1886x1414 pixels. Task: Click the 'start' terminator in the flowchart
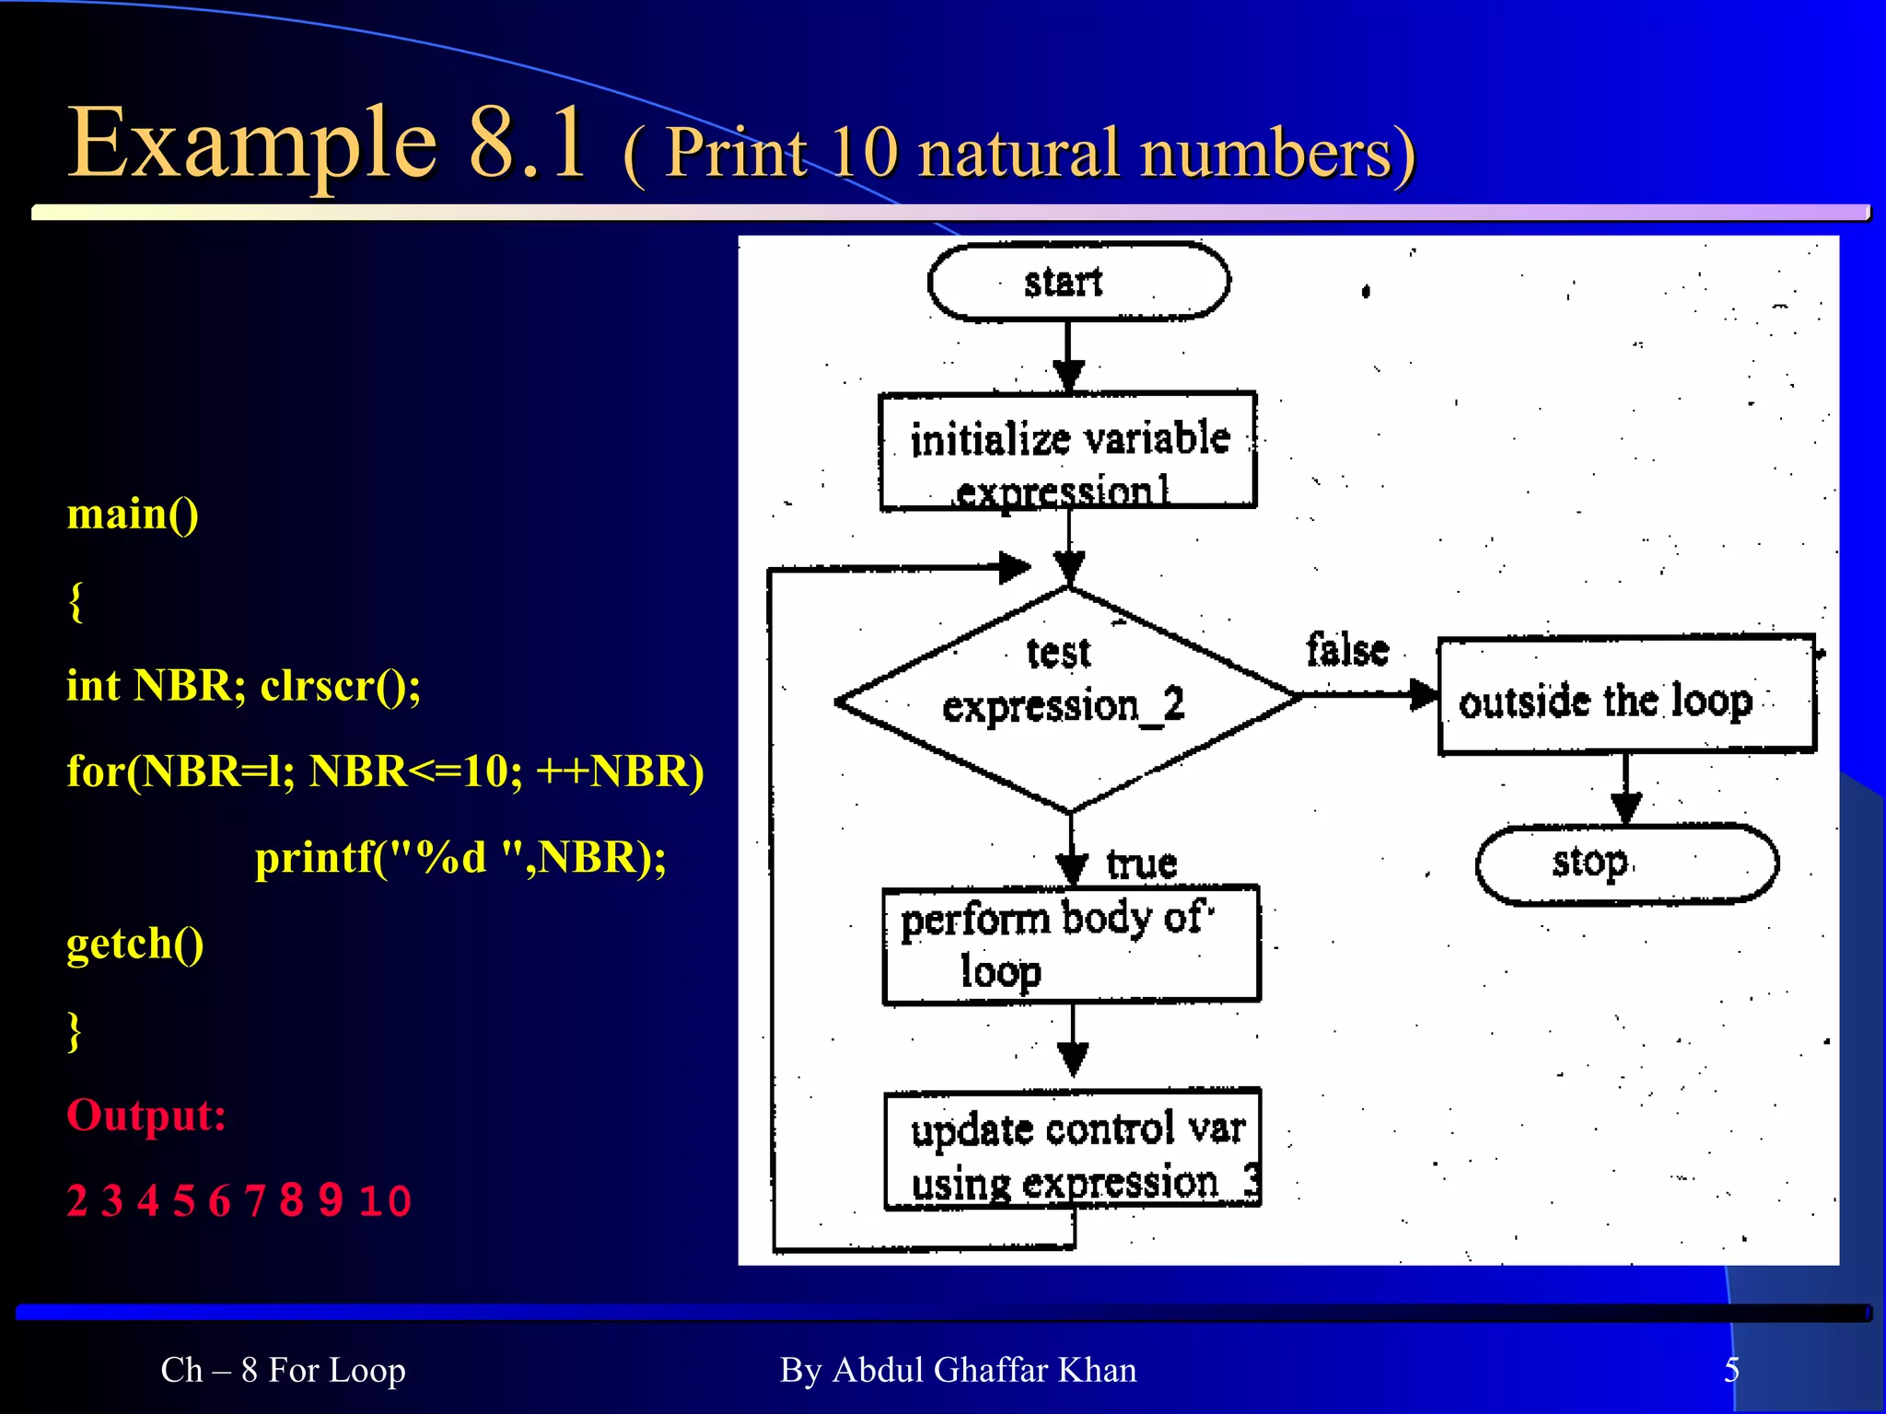[x=1078, y=282]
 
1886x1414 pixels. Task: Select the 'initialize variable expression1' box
[x=1068, y=451]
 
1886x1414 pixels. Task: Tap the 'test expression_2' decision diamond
[x=1066, y=700]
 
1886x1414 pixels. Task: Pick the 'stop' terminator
[x=1626, y=863]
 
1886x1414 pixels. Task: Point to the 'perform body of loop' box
[x=1071, y=945]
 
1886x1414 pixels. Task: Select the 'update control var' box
[x=1073, y=1148]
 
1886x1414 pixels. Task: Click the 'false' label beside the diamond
[x=1347, y=650]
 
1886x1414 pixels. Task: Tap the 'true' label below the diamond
[x=1142, y=863]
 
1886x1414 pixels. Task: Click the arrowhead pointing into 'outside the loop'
[x=1425, y=695]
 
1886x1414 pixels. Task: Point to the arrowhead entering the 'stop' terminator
[x=1626, y=809]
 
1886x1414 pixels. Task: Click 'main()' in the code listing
[x=133, y=514]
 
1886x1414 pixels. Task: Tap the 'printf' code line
[x=460, y=858]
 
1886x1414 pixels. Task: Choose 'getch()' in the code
[x=135, y=944]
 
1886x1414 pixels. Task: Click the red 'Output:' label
[x=146, y=1115]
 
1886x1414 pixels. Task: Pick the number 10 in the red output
[x=385, y=1201]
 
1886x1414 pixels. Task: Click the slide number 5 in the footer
[x=1731, y=1370]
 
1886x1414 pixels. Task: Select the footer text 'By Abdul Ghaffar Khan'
[x=958, y=1370]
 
